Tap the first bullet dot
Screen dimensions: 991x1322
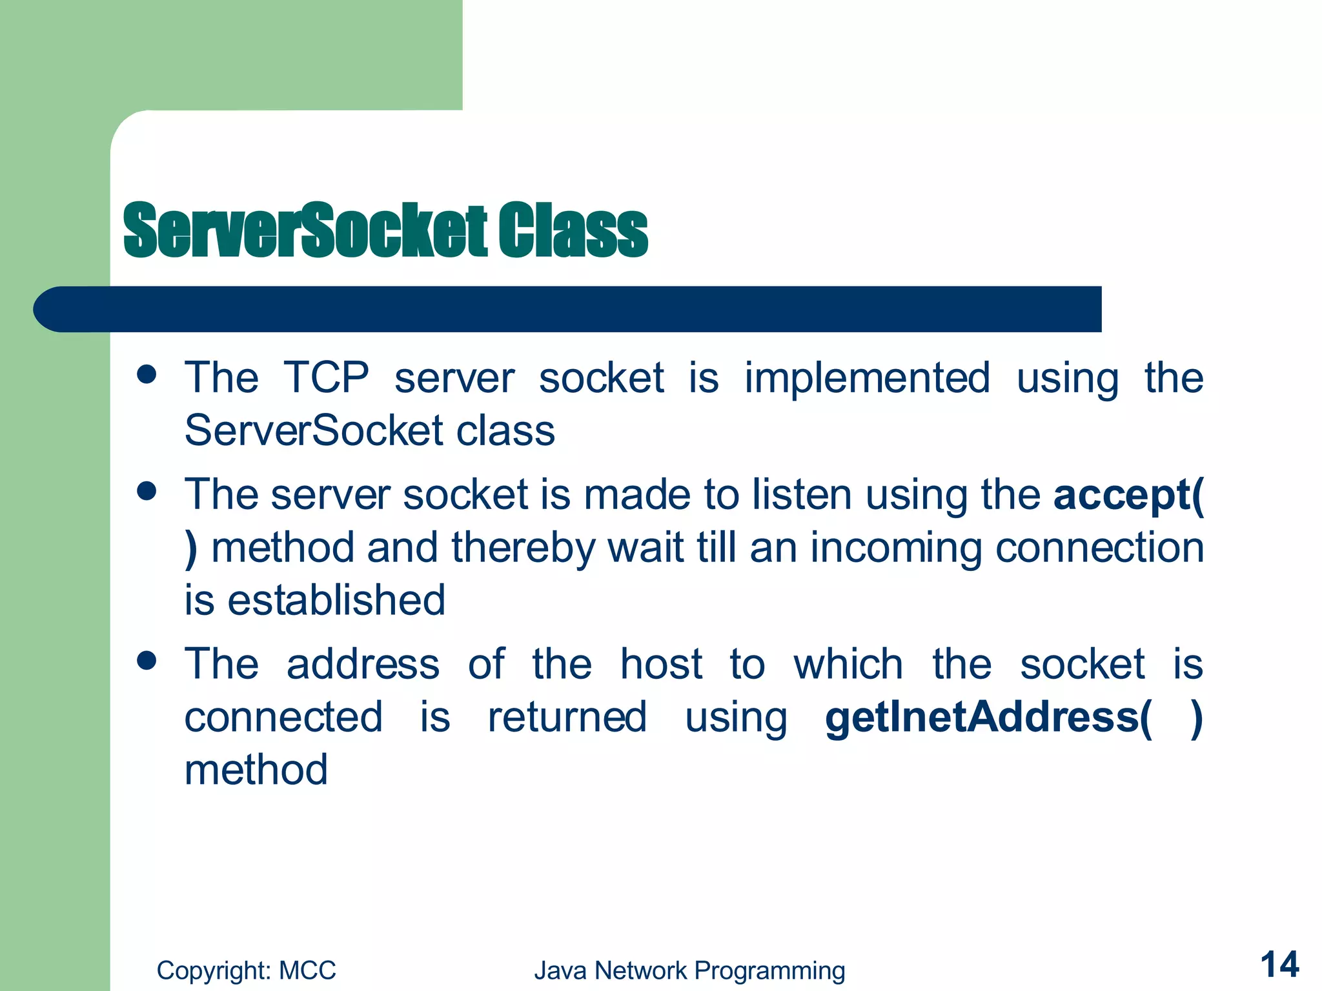(147, 374)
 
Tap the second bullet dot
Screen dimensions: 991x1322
(147, 492)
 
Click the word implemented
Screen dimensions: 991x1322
(867, 378)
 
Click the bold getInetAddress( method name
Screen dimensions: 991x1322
(988, 717)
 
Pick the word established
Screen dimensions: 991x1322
(336, 600)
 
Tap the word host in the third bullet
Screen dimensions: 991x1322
(661, 664)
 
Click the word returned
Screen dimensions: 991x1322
(567, 717)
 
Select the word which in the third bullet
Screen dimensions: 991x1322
(848, 664)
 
